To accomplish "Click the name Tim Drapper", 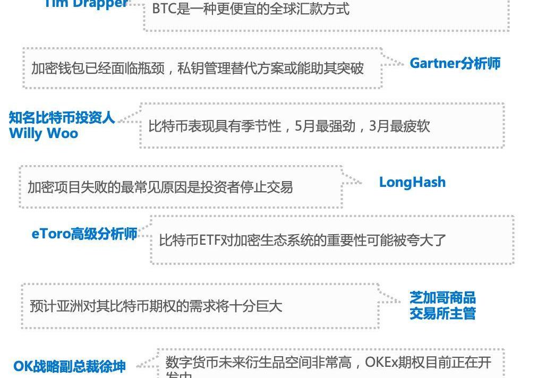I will tap(85, 4).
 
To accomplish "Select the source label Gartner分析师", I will tap(455, 63).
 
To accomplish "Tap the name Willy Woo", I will tap(44, 133).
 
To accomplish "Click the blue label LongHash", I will tap(412, 182).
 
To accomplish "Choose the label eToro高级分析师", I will tap(84, 234).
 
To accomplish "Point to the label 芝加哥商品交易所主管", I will tap(442, 305).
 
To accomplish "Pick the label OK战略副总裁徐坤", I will tap(70, 366).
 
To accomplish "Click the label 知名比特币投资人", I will tap(62, 117).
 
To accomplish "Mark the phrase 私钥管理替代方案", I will tap(233, 68).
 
